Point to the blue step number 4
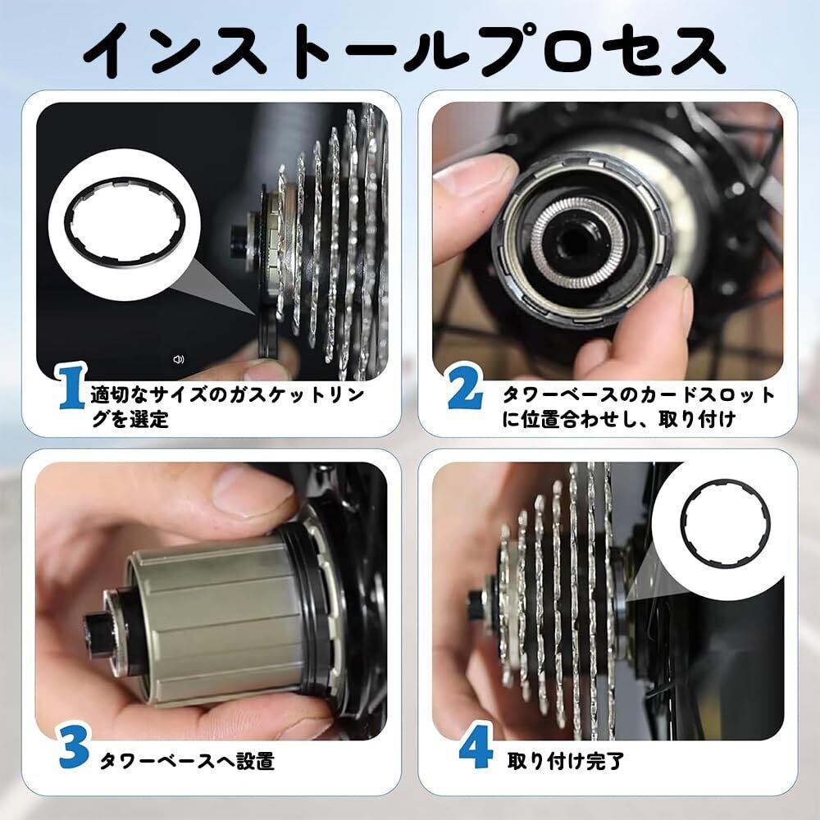476,745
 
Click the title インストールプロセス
405,51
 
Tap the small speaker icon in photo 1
178,359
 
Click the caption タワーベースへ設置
187,762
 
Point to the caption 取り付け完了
566,762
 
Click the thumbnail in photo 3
252,490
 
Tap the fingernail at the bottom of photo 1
265,371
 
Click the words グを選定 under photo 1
130,419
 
